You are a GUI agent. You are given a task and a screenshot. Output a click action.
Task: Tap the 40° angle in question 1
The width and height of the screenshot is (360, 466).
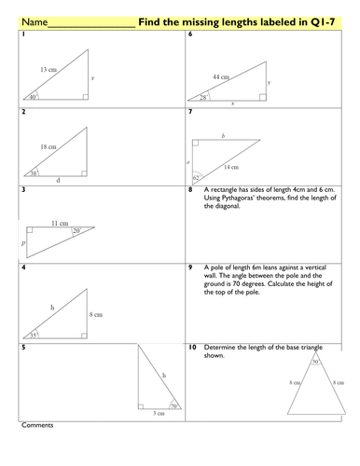pos(32,96)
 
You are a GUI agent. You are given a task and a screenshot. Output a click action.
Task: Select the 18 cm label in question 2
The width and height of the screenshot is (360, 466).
pos(48,146)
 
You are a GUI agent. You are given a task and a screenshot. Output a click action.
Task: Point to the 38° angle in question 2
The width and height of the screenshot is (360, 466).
pos(33,172)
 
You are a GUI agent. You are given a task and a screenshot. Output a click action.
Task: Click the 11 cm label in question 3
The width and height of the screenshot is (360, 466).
pos(58,224)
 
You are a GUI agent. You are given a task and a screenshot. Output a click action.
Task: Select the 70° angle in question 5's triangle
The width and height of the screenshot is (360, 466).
pos(173,405)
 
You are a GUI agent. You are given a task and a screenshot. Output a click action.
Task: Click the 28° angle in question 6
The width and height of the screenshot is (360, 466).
pos(202,96)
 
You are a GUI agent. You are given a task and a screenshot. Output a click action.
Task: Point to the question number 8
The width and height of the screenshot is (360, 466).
pos(190,188)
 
